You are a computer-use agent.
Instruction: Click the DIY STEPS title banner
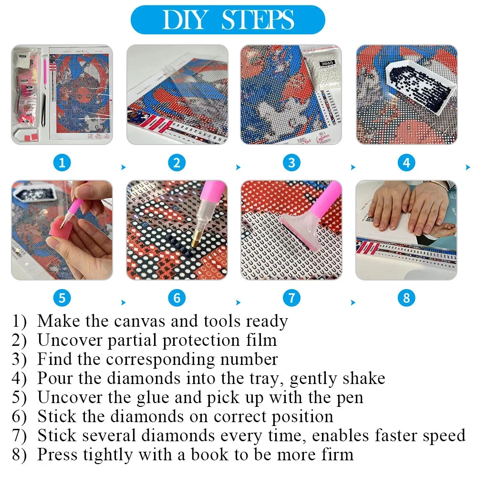[228, 20]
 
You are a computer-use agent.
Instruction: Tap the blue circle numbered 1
[62, 163]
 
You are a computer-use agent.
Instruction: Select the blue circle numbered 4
[406, 163]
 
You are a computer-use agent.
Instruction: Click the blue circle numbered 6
[177, 298]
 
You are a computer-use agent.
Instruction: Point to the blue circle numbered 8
[406, 298]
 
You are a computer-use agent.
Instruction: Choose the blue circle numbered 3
[291, 163]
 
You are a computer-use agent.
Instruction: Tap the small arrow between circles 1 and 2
[124, 167]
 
